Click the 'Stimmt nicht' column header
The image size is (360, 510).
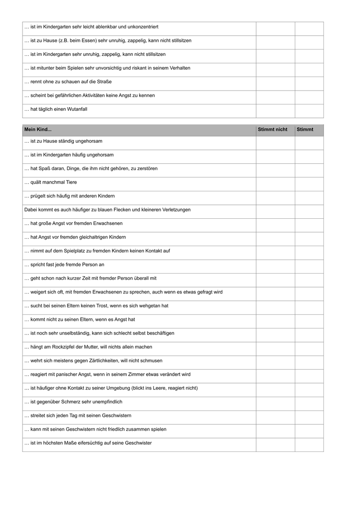(272, 130)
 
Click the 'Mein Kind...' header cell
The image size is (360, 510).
(38, 130)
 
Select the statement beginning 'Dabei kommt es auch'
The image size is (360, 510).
(108, 210)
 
